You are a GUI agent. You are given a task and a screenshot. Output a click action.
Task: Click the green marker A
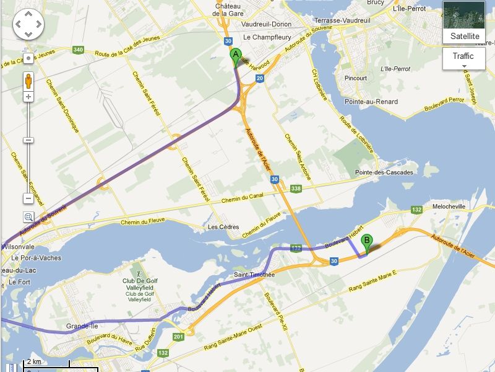[235, 56]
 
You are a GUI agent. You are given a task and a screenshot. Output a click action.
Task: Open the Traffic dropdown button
[463, 59]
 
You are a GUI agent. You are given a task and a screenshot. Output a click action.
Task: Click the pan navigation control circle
[28, 25]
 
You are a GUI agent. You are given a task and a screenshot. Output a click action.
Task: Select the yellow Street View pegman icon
[28, 80]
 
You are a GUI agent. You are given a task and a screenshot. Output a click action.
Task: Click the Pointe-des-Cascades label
[384, 172]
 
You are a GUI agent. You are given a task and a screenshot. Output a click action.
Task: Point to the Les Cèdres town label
[223, 227]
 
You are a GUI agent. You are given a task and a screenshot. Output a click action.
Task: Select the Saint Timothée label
[254, 275]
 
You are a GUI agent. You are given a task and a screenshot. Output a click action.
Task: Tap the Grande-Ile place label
[82, 325]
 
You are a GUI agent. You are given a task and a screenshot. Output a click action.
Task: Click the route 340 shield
[78, 50]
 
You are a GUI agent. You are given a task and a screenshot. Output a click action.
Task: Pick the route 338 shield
[296, 188]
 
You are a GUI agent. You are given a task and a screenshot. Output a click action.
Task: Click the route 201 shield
[179, 337]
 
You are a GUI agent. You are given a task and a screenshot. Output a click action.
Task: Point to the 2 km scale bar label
[34, 362]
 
